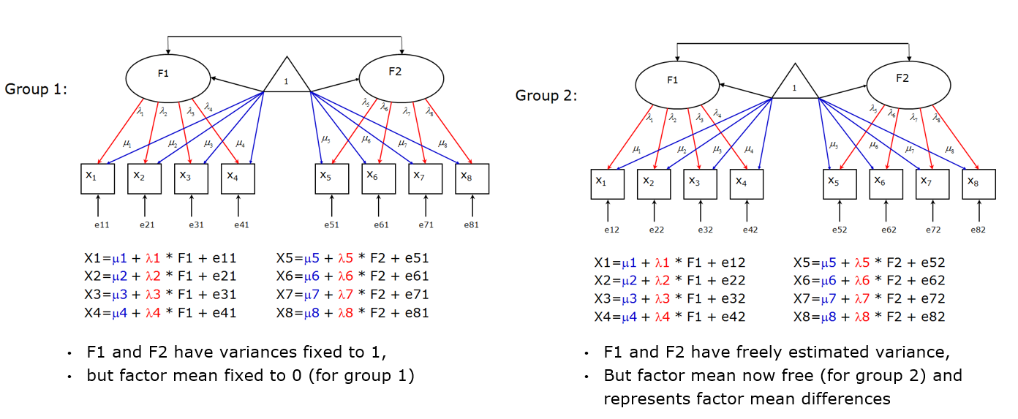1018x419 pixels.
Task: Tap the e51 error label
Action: pyautogui.click(x=331, y=225)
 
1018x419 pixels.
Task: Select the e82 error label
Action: pyautogui.click(x=979, y=230)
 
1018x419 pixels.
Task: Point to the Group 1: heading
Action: pyautogui.click(x=36, y=89)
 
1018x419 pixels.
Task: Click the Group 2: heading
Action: pyautogui.click(x=546, y=96)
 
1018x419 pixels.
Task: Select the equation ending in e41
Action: pyautogui.click(x=160, y=313)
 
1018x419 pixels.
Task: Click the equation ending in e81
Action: pyautogui.click(x=352, y=313)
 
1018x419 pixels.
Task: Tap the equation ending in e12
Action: pyautogui.click(x=669, y=263)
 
